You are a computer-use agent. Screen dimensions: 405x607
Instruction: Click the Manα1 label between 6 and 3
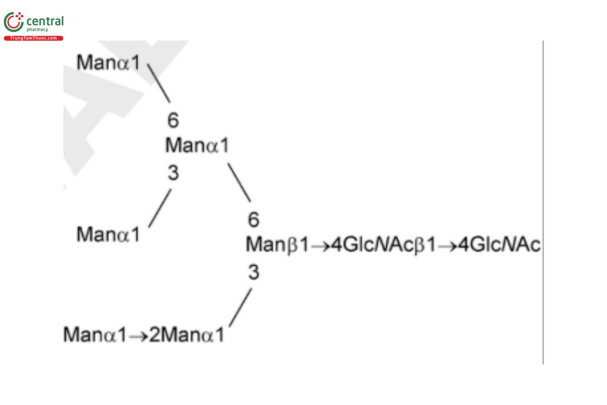pyautogui.click(x=197, y=146)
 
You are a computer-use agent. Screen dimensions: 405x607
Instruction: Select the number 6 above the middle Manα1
pyautogui.click(x=173, y=120)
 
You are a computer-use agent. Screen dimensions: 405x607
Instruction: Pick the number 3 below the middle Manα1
pyautogui.click(x=173, y=174)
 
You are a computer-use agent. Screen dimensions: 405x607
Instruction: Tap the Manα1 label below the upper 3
pyautogui.click(x=108, y=234)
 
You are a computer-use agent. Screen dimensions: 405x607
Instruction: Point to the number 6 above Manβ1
pyautogui.click(x=253, y=220)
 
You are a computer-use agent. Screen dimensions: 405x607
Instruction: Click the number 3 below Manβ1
pyautogui.click(x=253, y=272)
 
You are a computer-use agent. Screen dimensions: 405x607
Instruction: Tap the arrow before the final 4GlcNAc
pyautogui.click(x=447, y=246)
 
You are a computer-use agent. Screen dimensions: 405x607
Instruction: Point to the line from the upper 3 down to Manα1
pyautogui.click(x=159, y=208)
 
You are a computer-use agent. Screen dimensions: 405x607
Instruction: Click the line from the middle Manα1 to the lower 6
pyautogui.click(x=239, y=182)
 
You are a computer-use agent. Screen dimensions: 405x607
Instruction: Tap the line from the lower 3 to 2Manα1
pyautogui.click(x=240, y=307)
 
